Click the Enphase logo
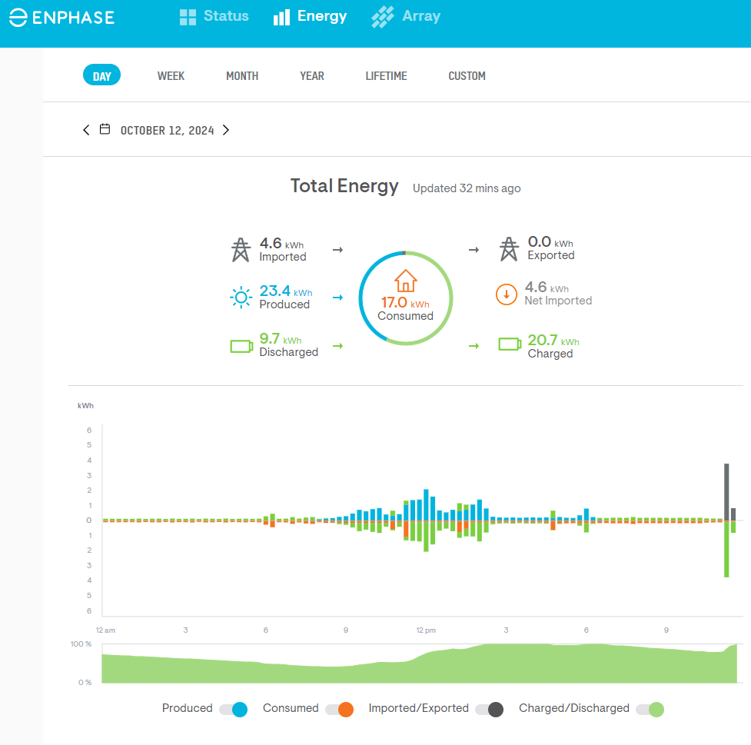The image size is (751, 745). [61, 18]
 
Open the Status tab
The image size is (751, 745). [214, 16]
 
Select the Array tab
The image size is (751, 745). [406, 16]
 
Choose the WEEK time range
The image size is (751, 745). [171, 76]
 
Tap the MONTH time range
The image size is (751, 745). [242, 76]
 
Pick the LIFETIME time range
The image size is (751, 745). [386, 76]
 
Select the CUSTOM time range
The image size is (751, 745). [467, 76]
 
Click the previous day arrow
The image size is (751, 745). [86, 130]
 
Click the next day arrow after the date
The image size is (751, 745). [226, 130]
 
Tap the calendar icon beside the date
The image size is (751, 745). [105, 129]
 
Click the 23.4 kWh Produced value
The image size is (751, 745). [274, 291]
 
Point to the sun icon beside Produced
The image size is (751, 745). [241, 297]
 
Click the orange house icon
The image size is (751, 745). [405, 281]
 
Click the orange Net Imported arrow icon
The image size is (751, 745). [506, 294]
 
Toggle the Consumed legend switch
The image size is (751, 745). [339, 709]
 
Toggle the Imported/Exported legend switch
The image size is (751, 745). [489, 709]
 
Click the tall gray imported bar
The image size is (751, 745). [726, 492]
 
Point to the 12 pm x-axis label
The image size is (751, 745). [426, 630]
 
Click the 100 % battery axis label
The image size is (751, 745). [81, 644]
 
